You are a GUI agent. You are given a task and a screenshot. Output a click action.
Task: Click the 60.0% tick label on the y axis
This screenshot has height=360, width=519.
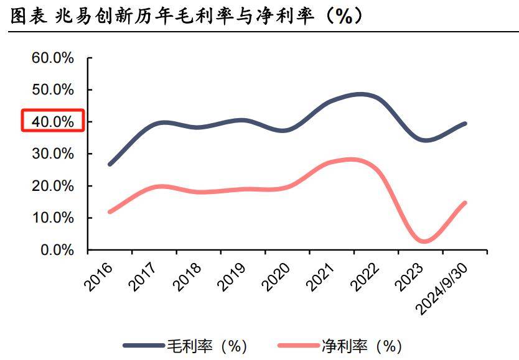[52, 58]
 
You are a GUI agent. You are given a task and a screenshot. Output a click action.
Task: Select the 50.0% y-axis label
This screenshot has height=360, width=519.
[52, 90]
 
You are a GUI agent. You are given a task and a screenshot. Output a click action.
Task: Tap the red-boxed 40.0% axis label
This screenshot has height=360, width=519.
[52, 122]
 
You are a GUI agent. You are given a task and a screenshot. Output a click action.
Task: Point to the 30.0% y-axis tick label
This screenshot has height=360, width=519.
[52, 154]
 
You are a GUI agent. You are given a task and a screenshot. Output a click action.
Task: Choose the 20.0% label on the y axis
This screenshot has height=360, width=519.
[52, 186]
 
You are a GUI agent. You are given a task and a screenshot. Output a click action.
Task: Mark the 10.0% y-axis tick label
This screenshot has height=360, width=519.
[52, 218]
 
